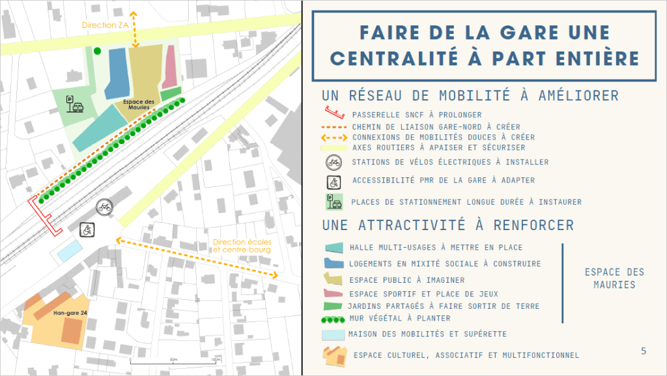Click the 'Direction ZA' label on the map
(106, 25)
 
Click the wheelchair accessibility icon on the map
(87, 229)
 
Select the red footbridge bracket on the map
(44, 216)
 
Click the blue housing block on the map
(118, 72)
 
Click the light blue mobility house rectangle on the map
(70, 250)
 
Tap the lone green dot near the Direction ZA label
(97, 51)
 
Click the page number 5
(644, 351)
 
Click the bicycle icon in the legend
(333, 162)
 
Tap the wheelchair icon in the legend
(333, 181)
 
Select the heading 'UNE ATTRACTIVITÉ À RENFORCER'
(447, 225)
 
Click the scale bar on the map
(173, 361)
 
